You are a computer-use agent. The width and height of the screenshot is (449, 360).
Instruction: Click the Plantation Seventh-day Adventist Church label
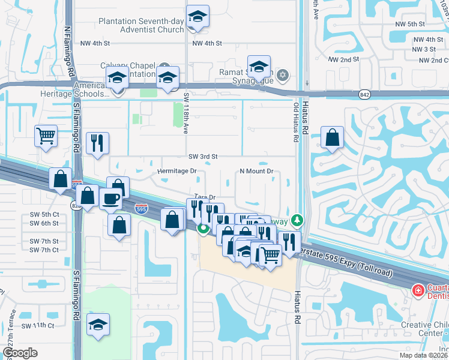click(142, 25)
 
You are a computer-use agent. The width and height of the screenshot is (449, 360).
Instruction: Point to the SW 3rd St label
click(202, 156)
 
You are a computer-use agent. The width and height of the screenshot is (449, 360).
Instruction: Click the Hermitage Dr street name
click(177, 171)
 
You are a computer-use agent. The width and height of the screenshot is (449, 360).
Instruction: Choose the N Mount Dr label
click(256, 171)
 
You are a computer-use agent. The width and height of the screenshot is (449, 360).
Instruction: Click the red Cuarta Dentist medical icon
click(417, 290)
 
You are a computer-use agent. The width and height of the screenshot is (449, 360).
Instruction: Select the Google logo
click(19, 353)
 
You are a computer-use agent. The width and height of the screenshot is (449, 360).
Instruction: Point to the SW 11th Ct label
click(38, 325)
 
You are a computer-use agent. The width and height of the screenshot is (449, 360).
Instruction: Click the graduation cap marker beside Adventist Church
click(197, 18)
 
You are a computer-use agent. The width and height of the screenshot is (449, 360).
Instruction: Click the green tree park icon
click(296, 221)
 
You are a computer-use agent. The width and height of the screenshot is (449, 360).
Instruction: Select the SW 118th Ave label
click(185, 112)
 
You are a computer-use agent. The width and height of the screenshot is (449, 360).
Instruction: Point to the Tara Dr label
click(204, 197)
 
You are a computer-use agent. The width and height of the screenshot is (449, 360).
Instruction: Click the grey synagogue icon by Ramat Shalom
click(283, 76)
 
